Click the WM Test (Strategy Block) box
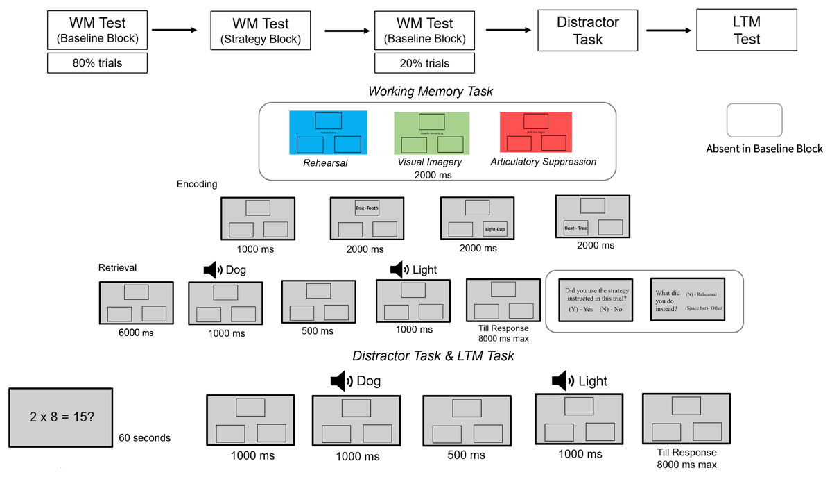[261, 31]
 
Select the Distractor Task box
[588, 31]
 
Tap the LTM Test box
[747, 31]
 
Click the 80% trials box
[97, 63]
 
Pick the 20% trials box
[424, 63]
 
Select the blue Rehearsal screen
[328, 133]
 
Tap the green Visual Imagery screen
[431, 133]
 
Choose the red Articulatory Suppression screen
[535, 133]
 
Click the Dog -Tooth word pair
[367, 208]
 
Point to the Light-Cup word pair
[496, 228]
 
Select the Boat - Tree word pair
[575, 227]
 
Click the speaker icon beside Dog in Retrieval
[213, 270]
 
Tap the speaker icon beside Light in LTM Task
[562, 380]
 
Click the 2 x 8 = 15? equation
[60, 417]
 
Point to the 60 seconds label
[144, 437]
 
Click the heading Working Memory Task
[431, 91]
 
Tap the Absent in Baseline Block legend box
[754, 120]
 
